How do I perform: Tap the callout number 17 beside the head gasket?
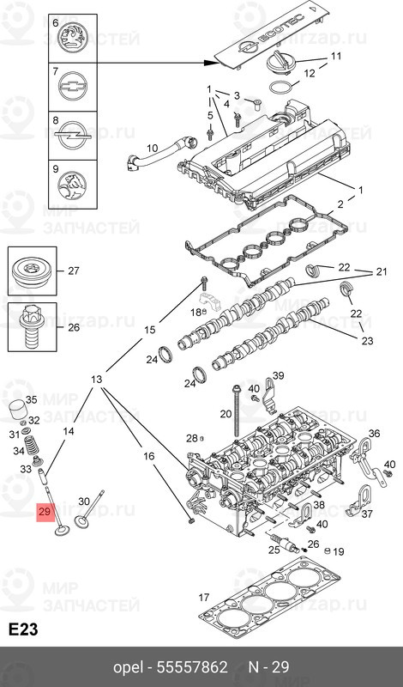pyautogui.click(x=203, y=597)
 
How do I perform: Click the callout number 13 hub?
pyautogui.click(x=97, y=380)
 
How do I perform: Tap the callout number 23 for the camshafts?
pyautogui.click(x=368, y=341)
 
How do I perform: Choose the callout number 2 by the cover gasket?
pyautogui.click(x=340, y=204)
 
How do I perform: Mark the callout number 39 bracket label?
pyautogui.click(x=276, y=375)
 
